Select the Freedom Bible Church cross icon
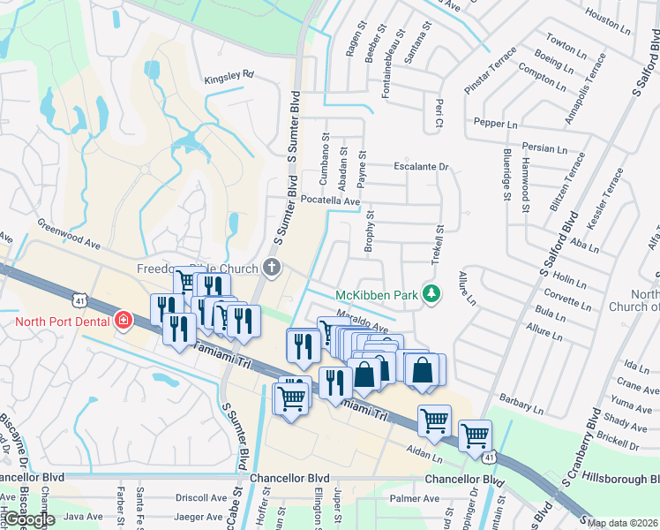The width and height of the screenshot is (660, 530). coord(273,268)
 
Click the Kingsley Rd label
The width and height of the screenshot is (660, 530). coord(229,76)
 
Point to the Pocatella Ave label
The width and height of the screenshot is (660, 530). coord(331,201)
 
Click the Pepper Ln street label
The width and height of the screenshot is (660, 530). coord(495,124)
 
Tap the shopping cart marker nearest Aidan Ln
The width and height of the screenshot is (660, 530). coord(434,420)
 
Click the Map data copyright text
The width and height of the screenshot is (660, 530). coord(622,523)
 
